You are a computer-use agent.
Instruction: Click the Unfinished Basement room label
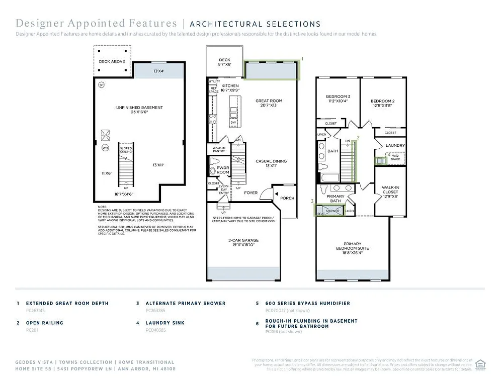coord(139,108)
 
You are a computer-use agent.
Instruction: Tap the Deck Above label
coord(111,61)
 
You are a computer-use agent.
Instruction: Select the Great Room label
coord(269,101)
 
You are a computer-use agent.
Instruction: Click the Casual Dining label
coord(271,161)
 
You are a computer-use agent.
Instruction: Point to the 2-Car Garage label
coord(243,240)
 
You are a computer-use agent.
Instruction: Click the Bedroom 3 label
coord(338,96)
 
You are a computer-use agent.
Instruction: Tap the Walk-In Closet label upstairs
coord(390,189)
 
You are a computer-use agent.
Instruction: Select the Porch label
coord(287,198)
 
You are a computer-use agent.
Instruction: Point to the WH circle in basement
coord(105,148)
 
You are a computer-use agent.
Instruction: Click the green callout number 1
coord(302,59)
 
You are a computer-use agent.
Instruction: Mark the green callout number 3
coord(312,201)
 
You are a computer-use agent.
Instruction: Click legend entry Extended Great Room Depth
coord(67,304)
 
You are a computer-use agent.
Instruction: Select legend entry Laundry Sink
coord(164,323)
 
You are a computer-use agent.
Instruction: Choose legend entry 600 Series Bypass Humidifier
coord(307,304)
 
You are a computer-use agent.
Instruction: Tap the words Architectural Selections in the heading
coord(255,24)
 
